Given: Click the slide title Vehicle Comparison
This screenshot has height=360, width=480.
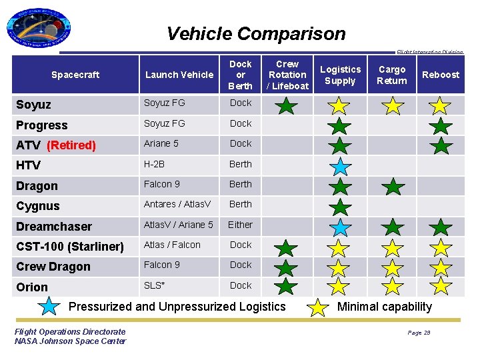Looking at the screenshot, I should coord(256,33).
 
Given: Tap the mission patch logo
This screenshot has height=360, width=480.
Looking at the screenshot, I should coord(40,30).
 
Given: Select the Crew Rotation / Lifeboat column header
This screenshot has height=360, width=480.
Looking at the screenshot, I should coord(287,75).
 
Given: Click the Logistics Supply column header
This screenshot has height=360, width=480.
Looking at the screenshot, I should coord(340,75).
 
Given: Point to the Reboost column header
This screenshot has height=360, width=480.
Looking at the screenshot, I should coord(440,75).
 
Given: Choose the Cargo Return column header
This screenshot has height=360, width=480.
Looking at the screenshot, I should coord(392,75).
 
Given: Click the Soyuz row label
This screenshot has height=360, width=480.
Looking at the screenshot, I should coord(33,105).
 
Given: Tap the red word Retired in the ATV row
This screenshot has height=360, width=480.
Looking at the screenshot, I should coord(71,145).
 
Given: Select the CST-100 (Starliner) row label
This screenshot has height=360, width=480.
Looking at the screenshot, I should coord(70,247).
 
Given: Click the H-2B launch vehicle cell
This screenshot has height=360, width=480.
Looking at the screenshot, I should coord(155,164).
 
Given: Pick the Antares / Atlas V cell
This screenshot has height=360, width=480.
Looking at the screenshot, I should coord(178,205).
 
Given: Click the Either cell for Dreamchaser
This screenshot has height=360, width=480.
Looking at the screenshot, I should coord(240,225).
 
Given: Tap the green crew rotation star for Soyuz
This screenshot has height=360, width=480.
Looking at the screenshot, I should coord(287,105).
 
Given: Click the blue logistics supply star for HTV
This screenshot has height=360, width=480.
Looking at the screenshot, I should coord(340,166).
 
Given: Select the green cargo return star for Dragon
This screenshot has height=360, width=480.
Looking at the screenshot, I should coord(393,186).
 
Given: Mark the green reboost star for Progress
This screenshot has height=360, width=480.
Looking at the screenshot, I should coord(440,125).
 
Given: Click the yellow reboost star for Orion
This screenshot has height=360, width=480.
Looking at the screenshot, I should coord(440,287).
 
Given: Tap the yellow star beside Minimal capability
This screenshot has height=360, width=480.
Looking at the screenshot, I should coord(319,307).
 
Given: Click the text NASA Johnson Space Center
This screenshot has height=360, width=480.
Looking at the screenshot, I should coord(70,341).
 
